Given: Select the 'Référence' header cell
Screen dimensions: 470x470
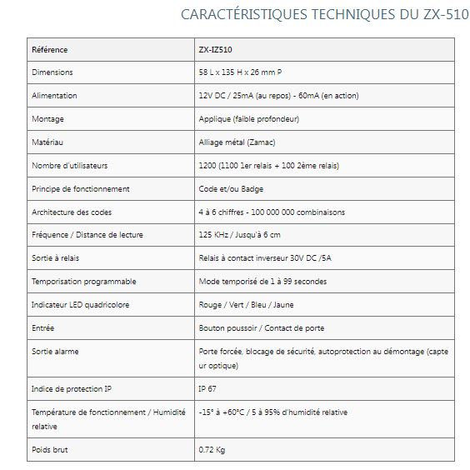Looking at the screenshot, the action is (49, 49).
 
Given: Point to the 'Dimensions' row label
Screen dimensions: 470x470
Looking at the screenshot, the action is (52, 72).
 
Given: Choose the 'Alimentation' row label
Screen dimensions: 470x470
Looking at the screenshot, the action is (54, 96).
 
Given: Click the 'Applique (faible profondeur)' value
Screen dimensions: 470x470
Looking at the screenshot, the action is (248, 119).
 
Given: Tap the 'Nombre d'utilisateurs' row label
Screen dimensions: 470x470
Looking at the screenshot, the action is (70, 166).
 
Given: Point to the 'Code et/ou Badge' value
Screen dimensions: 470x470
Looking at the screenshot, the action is (230, 189).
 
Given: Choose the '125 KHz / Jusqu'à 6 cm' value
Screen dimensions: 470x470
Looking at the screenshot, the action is (240, 235).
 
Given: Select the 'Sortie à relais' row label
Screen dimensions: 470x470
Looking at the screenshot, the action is (55, 258).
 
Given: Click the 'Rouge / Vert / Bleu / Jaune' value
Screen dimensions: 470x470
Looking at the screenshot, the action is (247, 305).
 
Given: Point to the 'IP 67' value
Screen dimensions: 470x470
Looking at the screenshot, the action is (208, 388).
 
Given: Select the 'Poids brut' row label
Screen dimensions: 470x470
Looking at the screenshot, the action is (49, 450).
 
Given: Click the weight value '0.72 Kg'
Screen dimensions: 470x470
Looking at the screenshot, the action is (212, 450).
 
